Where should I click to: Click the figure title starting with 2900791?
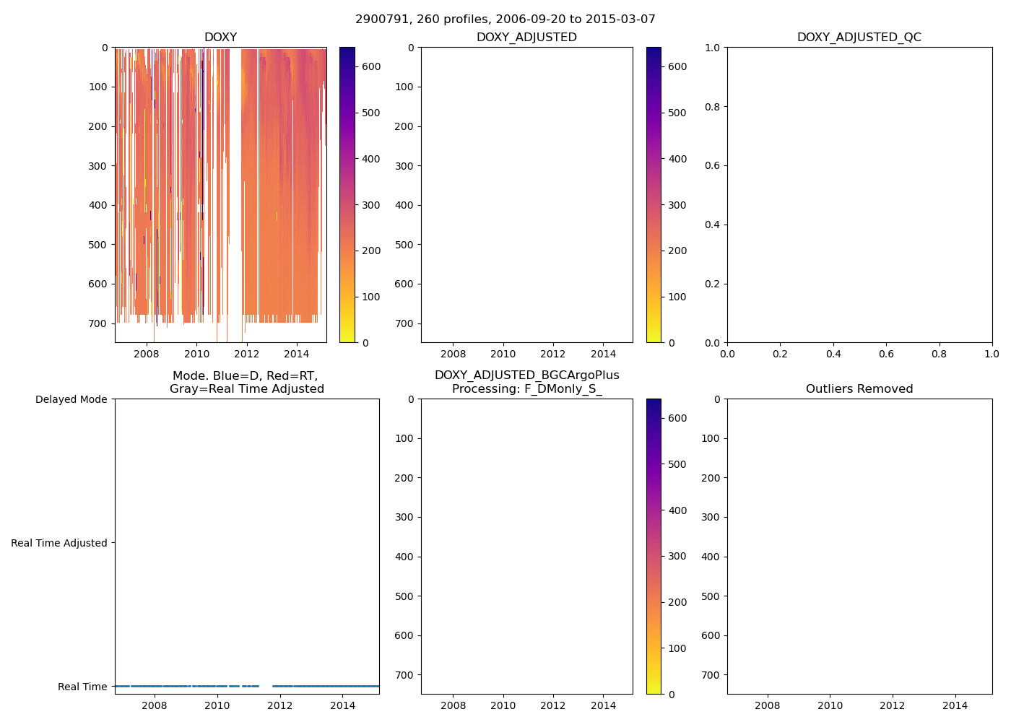[x=506, y=19]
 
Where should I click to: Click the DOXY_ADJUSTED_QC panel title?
[x=859, y=38]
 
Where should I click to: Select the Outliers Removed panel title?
[x=859, y=389]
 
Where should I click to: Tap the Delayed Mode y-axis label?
[x=71, y=399]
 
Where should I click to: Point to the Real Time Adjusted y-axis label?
[x=58, y=543]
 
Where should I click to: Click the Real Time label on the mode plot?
[x=82, y=687]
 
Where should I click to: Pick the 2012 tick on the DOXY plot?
[x=246, y=354]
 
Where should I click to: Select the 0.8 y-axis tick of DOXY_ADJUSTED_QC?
[x=713, y=107]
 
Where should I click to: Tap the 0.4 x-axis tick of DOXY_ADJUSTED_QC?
[x=833, y=354]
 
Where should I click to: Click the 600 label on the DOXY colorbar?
[x=371, y=66]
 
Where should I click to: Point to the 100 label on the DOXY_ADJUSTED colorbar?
[x=677, y=297]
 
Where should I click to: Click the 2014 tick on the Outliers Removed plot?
[x=955, y=705]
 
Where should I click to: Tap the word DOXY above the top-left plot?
[x=220, y=38]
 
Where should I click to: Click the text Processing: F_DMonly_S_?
[x=526, y=389]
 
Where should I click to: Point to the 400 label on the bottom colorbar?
[x=677, y=510]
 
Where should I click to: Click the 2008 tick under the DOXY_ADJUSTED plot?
[x=453, y=354]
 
